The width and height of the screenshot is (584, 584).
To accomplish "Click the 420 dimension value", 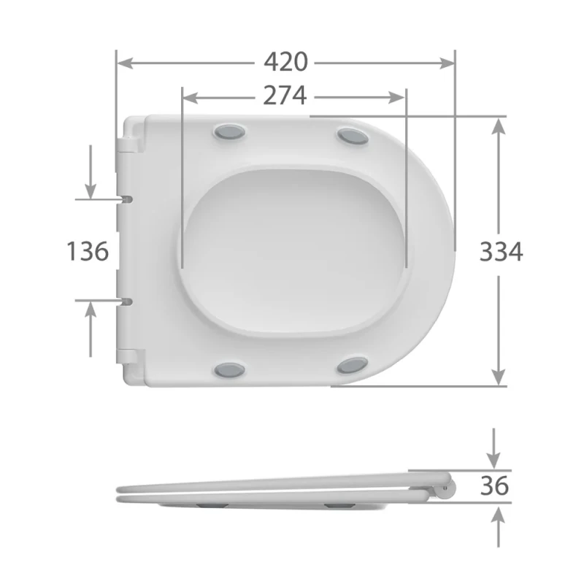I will tap(285, 63).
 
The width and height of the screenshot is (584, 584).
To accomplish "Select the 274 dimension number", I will tap(284, 96).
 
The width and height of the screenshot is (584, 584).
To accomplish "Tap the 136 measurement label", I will tap(88, 251).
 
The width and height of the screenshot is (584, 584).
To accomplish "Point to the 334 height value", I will tap(501, 251).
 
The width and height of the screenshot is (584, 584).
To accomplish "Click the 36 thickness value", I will tap(494, 485).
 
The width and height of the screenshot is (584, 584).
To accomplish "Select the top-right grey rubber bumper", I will tap(353, 136).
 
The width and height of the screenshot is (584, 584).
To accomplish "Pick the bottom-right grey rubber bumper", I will tap(353, 364).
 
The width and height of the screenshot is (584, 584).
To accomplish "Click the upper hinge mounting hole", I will tap(127, 198).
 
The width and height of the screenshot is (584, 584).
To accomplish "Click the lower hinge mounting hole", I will tap(127, 300).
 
